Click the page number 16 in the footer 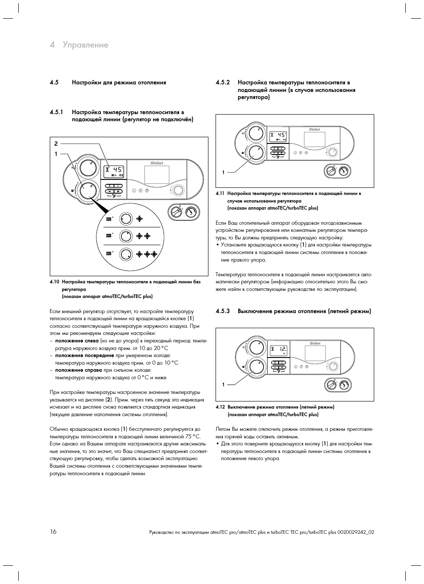53,532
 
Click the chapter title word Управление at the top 85,45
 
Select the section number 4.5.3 223,311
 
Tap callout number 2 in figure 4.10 56,143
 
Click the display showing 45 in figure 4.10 114,171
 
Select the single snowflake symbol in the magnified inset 140,219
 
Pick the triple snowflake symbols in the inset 147,254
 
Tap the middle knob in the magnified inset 126,236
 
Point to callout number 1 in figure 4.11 223,172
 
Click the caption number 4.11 220,194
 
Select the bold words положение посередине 84,356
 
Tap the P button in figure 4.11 306,153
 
